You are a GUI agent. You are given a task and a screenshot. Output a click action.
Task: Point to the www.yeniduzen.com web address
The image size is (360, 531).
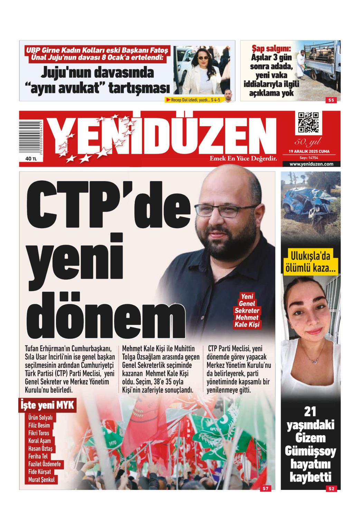[311, 164]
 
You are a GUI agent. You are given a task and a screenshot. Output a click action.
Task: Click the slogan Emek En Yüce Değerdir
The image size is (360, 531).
[243, 159]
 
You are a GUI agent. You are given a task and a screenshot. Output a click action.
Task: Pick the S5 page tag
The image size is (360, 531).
[331, 100]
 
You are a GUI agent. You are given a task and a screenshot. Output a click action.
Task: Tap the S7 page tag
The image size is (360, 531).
[265, 488]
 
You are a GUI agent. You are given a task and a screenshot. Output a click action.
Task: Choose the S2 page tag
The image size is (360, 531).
[331, 488]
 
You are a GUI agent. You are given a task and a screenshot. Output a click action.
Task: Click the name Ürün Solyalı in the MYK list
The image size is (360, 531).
[40, 418]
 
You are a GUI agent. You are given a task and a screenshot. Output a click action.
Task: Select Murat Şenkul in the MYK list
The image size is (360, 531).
[41, 479]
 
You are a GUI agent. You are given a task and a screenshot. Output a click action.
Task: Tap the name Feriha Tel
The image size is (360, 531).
[38, 456]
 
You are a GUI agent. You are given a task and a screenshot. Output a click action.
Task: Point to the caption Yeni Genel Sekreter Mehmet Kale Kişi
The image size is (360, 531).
[247, 310]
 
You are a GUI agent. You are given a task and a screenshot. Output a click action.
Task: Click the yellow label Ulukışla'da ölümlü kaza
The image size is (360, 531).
[310, 263]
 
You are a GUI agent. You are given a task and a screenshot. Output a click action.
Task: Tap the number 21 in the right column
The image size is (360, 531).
[310, 412]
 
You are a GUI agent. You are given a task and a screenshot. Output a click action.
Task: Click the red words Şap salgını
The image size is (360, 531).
[271, 48]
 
